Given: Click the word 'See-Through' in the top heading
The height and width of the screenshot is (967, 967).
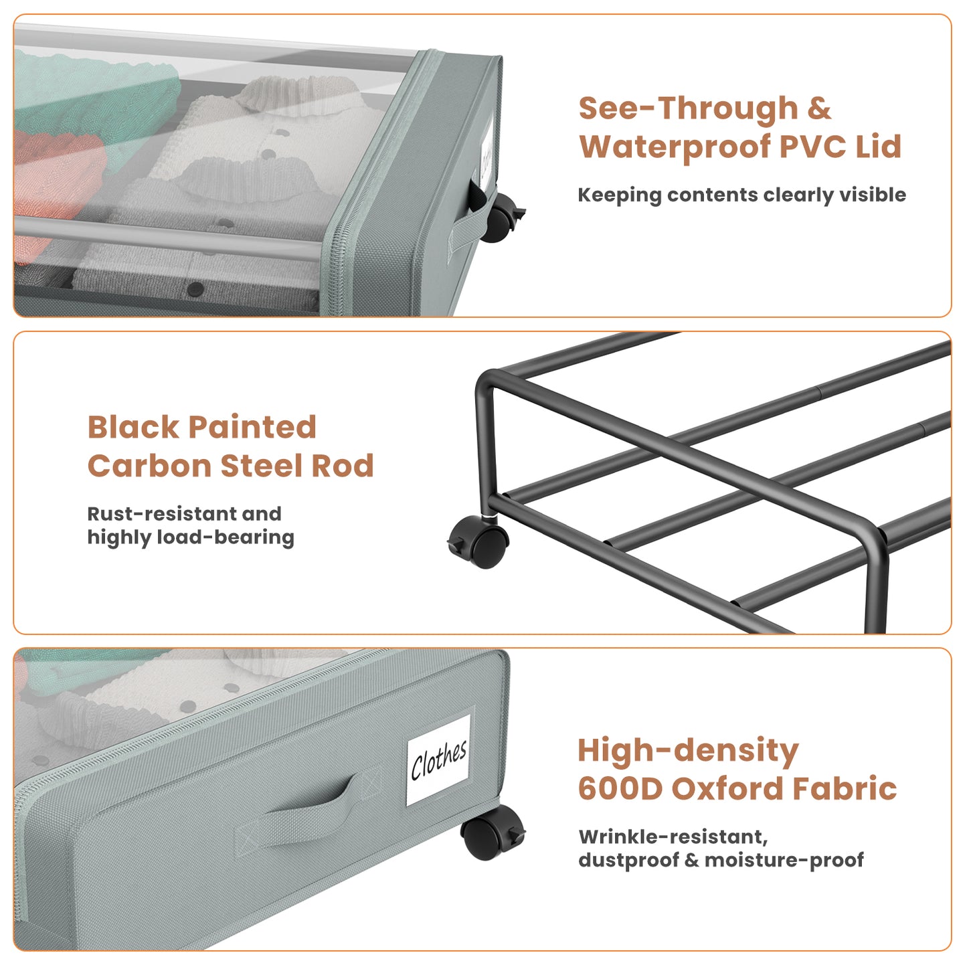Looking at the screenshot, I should (x=688, y=108).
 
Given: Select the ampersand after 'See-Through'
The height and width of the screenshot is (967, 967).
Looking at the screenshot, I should (x=818, y=108).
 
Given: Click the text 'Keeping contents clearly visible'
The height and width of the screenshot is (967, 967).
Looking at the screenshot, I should (x=741, y=195).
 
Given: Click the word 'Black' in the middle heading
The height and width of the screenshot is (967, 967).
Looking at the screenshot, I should (x=133, y=427).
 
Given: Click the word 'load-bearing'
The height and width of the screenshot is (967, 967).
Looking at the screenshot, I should (x=226, y=537).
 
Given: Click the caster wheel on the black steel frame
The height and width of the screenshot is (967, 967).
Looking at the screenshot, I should (x=479, y=543).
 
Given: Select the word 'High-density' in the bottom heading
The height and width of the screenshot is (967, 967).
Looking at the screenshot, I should (x=688, y=751).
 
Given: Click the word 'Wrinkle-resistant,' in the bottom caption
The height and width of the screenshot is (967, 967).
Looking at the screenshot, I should (x=673, y=837).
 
